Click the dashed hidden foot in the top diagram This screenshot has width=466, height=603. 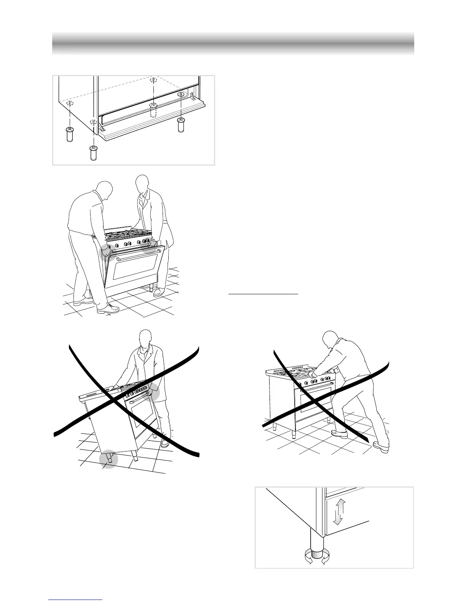tap(153, 110)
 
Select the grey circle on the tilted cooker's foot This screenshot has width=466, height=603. tap(109, 459)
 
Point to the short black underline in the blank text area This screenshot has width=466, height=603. tap(263, 294)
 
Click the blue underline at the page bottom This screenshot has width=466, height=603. tap(76, 600)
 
